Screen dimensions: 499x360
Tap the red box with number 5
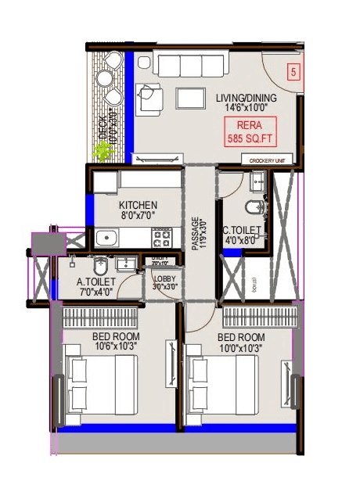[x=293, y=73]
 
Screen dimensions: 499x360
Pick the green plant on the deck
[x=101, y=152]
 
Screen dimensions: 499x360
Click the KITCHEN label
[x=138, y=205]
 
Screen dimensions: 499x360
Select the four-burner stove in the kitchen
[x=162, y=236]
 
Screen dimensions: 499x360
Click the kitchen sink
[x=107, y=236]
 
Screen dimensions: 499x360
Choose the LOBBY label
[x=164, y=279]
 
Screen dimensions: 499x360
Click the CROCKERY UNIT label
[x=271, y=160]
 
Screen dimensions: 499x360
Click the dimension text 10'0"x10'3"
[x=239, y=349]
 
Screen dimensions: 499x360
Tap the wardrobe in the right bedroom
[x=260, y=318]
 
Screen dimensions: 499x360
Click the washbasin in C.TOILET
[x=259, y=182]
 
